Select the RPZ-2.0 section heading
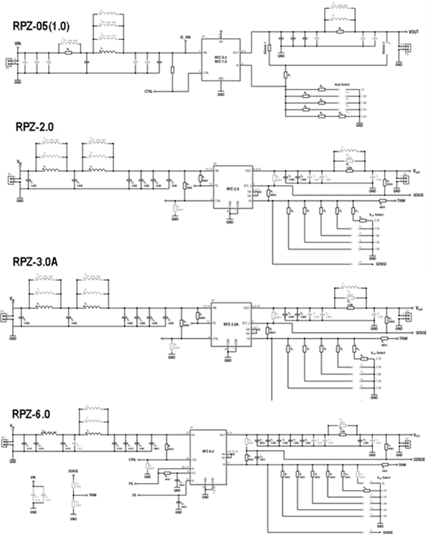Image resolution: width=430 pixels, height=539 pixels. click(x=36, y=128)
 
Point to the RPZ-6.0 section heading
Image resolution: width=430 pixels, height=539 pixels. click(x=36, y=414)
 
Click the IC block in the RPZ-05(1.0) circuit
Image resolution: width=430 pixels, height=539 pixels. click(x=220, y=61)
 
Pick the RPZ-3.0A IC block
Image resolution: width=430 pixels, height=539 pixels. click(x=230, y=325)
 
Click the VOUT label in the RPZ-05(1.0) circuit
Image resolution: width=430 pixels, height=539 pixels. click(x=414, y=32)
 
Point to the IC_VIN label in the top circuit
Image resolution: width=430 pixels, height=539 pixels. click(x=185, y=35)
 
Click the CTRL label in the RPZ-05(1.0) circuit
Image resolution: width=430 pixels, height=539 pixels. click(x=148, y=92)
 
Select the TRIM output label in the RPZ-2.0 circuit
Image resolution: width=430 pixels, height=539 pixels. click(x=403, y=201)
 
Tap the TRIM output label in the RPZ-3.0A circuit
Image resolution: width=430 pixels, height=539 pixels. click(x=403, y=337)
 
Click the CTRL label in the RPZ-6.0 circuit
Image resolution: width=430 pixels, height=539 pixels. click(x=132, y=459)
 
